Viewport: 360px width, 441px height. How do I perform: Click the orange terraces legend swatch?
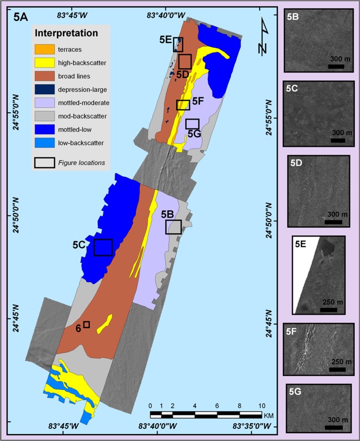click(x=44, y=50)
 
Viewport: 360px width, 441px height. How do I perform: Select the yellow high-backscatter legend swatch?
click(x=44, y=63)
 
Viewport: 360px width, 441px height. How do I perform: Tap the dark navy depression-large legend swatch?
click(x=44, y=89)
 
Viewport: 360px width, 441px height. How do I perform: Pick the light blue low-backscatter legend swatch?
click(x=44, y=142)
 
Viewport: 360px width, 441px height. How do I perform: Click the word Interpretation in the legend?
click(x=67, y=34)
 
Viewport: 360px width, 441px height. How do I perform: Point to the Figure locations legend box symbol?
click(x=44, y=163)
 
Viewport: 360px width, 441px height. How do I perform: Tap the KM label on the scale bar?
click(x=269, y=415)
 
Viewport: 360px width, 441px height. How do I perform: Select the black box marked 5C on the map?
click(x=103, y=247)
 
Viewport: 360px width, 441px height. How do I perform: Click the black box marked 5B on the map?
click(x=174, y=227)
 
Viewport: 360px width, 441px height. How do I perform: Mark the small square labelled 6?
click(x=87, y=325)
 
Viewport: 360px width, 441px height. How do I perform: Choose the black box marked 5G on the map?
click(x=193, y=124)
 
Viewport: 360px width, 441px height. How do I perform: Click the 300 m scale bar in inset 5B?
click(x=336, y=66)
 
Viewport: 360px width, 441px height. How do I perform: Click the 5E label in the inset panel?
click(x=301, y=244)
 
